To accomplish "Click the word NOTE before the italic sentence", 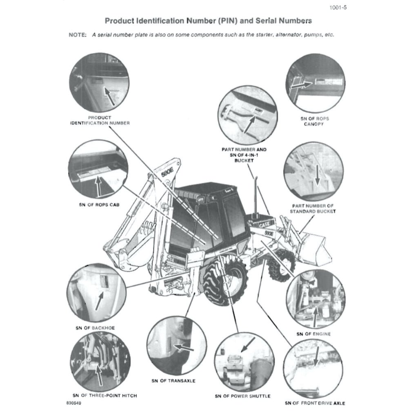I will pos(77,35).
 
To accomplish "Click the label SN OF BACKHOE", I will pos(95,328).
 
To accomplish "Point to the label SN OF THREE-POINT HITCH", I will pos(104,396).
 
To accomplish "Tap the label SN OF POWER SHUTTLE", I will pos(242,396).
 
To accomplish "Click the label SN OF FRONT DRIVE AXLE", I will pos(315,403).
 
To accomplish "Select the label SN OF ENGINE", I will pos(313,334).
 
